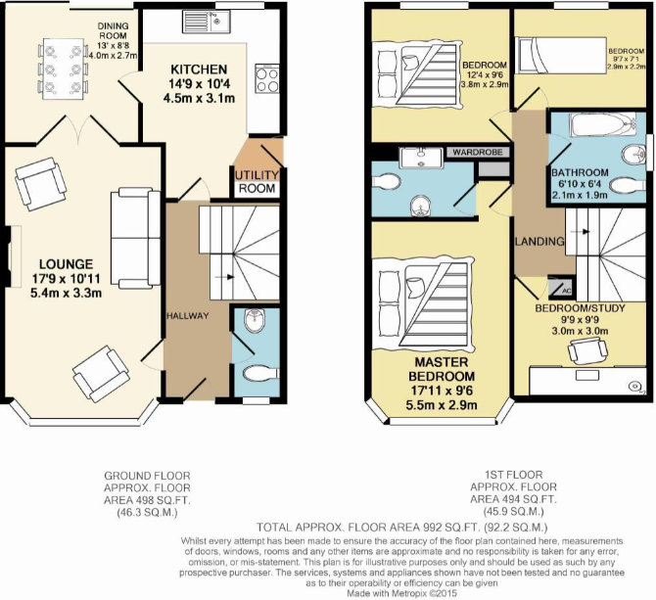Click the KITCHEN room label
[x=199, y=70]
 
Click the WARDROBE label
[x=476, y=153]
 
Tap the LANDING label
[x=539, y=241]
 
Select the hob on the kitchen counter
[x=265, y=78]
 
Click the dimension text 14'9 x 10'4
[x=199, y=85]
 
